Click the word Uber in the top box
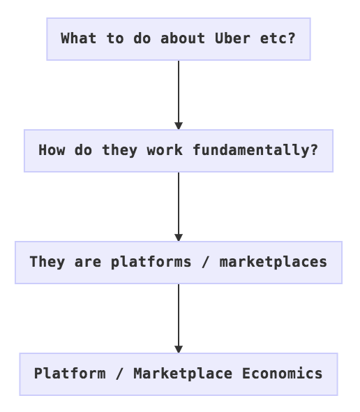pos(232,38)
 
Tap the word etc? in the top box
pos(278,38)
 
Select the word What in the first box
pos(79,38)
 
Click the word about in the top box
pos(183,38)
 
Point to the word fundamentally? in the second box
pos(255,150)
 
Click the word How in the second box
pos(52,150)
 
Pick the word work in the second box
pos(165,150)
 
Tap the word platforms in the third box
pos(151,262)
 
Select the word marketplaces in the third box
pos(273,262)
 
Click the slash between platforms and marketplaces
pos(205,262)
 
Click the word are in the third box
pos(88,262)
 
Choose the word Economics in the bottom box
pos(283,374)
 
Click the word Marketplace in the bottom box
pos(183,374)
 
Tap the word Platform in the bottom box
pos(70,374)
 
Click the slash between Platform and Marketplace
pos(119,374)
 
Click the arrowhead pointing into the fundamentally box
pos(179,126)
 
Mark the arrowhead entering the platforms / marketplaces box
pos(179,237)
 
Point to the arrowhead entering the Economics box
pos(179,349)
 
